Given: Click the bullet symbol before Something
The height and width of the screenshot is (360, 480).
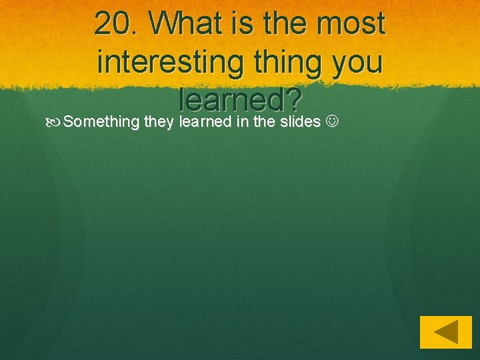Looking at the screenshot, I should [x=55, y=122].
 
